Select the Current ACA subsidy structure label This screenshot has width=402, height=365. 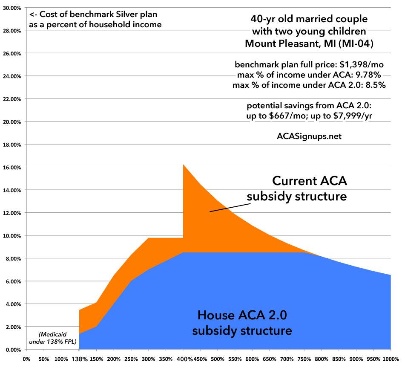pyautogui.click(x=297, y=189)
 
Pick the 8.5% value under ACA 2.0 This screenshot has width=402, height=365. pyautogui.click(x=375, y=85)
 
